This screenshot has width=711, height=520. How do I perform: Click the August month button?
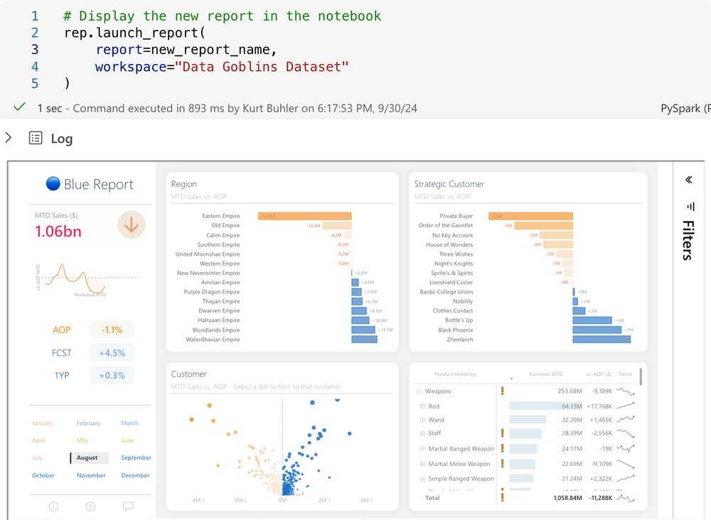tap(88, 458)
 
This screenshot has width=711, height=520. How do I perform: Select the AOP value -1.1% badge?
tap(112, 330)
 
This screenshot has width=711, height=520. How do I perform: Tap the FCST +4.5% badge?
tap(112, 353)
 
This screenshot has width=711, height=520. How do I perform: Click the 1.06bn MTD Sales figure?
tap(58, 231)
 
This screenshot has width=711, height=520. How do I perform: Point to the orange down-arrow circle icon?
tap(131, 225)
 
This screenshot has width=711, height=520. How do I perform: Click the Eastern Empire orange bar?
tap(304, 216)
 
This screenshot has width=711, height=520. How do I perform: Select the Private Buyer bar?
tap(530, 216)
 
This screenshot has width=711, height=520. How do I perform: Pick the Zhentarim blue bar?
tap(602, 340)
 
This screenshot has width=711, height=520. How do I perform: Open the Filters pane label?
tap(688, 240)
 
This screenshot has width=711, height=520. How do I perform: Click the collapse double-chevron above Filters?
tap(688, 180)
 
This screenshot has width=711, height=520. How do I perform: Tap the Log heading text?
tap(61, 139)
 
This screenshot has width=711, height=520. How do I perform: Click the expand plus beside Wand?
tap(422, 420)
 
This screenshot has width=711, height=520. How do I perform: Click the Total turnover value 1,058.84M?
tap(567, 498)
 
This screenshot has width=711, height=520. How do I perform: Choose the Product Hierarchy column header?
tap(455, 374)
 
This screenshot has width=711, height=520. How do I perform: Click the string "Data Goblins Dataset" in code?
tap(262, 67)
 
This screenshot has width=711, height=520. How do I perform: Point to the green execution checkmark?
tap(19, 108)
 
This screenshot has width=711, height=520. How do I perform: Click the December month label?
tap(135, 475)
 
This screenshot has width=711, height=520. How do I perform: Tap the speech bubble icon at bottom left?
tap(128, 507)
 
